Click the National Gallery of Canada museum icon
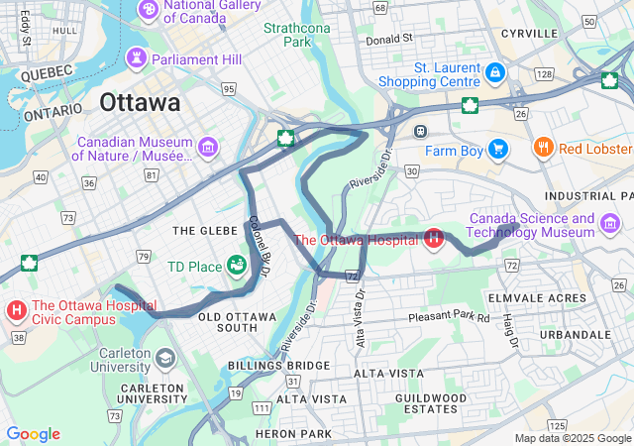point(148,10)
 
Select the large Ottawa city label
point(140,103)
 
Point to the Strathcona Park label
point(296,35)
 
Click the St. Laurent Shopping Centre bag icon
point(495,74)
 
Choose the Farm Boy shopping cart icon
point(497,150)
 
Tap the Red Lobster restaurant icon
point(543,149)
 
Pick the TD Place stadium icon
point(236,266)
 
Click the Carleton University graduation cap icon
point(164,358)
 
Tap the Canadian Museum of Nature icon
point(207,149)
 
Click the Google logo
point(33,434)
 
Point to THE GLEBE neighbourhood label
point(205,230)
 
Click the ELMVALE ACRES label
point(537,297)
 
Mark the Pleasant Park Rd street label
point(449,318)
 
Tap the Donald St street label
point(388,40)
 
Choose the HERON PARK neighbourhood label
point(293,434)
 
